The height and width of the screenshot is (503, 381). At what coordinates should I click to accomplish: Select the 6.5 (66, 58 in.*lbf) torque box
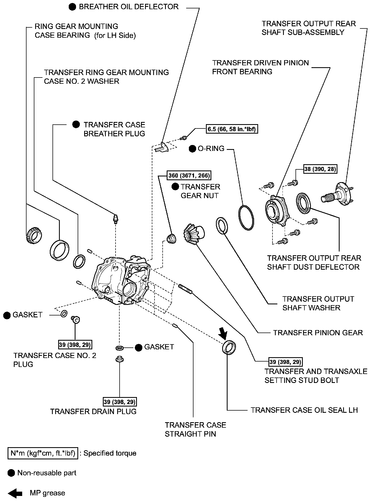(x=232, y=129)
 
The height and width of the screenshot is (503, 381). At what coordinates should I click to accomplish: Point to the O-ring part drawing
(x=246, y=218)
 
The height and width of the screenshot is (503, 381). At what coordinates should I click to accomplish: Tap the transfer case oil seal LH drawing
(x=229, y=347)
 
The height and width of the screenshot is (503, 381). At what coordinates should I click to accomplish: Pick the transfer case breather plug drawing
(x=116, y=219)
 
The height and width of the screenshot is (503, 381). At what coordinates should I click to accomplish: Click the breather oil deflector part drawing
(x=163, y=147)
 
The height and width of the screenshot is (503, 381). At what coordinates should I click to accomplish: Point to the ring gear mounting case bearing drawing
(x=34, y=235)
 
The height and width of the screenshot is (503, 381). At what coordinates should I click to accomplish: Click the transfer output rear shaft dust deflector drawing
(x=304, y=202)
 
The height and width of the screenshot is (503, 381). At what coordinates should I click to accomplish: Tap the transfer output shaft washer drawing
(x=222, y=225)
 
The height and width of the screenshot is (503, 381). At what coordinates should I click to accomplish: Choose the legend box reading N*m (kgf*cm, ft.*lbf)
(x=43, y=453)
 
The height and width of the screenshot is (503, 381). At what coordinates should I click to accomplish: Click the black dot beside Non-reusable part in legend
(x=11, y=473)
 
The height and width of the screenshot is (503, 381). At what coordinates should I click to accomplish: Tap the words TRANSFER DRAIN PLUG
(x=93, y=411)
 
